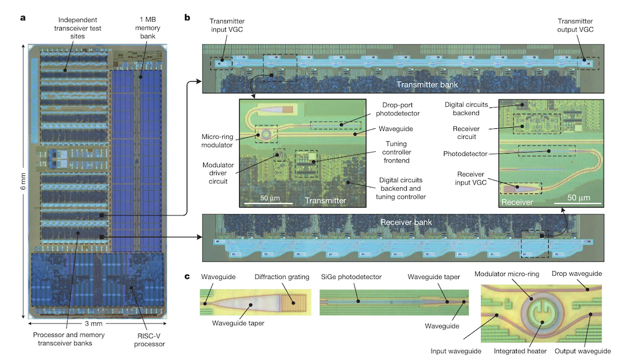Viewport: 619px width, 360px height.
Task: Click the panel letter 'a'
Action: (x=23, y=17)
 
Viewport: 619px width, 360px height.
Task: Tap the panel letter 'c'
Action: (x=187, y=276)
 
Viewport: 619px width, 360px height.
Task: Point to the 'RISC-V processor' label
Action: (x=149, y=339)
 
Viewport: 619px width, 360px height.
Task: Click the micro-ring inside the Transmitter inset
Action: (x=264, y=134)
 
